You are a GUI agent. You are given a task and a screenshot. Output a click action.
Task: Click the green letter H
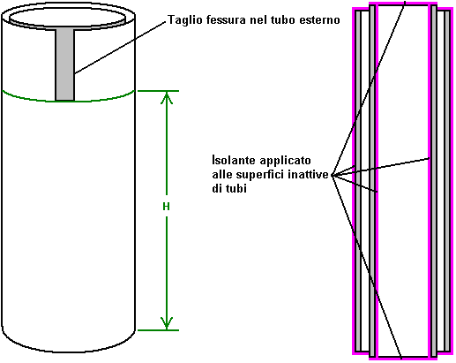pyautogui.click(x=166, y=207)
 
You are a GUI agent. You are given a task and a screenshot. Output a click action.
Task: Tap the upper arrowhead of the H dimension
pyautogui.click(x=167, y=98)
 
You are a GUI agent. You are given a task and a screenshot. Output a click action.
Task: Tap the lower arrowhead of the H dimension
pyautogui.click(x=167, y=323)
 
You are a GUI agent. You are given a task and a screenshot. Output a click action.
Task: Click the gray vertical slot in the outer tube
pyautogui.click(x=65, y=64)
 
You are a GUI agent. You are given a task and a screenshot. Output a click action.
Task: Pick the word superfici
pyautogui.click(x=260, y=175)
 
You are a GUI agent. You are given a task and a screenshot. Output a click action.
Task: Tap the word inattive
pyautogui.click(x=308, y=174)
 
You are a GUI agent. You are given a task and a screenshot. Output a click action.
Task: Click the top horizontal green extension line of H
pyautogui.click(x=158, y=91)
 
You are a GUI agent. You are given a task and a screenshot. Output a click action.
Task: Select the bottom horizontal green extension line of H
pyautogui.click(x=158, y=330)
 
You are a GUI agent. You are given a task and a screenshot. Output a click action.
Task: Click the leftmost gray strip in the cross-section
pyautogui.click(x=358, y=181)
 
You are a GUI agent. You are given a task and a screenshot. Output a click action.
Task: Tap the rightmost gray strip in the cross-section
pyautogui.click(x=447, y=181)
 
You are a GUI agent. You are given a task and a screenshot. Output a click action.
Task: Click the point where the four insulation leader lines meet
pyautogui.click(x=333, y=175)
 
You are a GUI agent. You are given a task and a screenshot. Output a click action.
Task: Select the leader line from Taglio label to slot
pyautogui.click(x=120, y=47)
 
